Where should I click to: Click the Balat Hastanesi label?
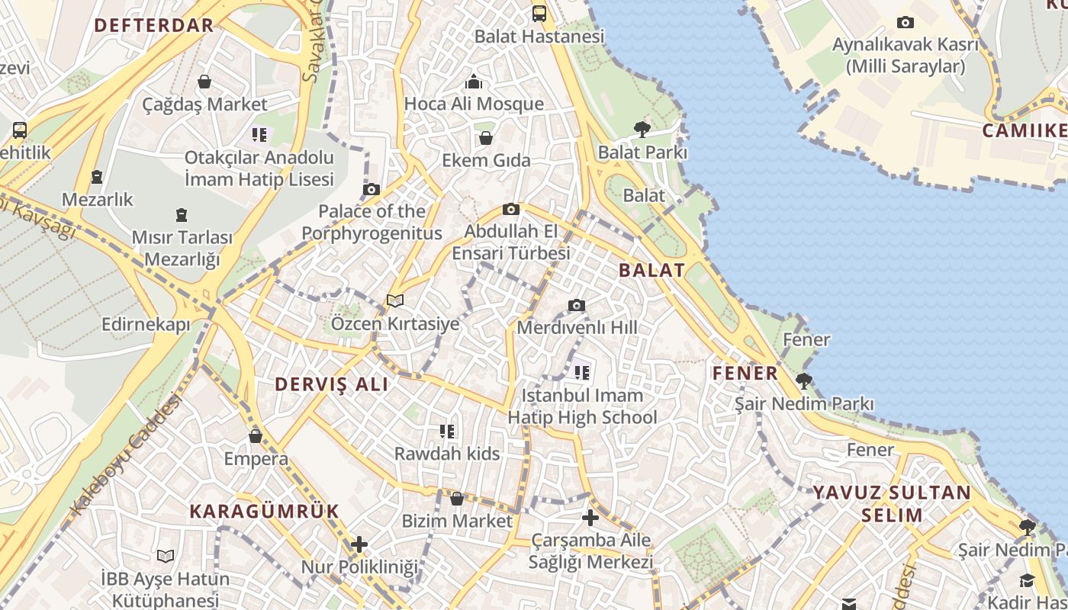coord(539,36)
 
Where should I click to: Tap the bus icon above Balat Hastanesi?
coord(539,13)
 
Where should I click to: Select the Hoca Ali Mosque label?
coord(474,104)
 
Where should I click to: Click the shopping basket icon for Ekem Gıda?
coord(485,138)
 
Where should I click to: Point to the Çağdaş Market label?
coord(205,104)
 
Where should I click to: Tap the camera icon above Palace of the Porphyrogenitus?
coord(372,189)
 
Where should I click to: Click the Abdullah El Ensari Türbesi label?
coord(511,242)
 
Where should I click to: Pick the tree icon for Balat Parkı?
coord(642,130)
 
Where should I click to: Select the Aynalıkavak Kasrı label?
coord(905,55)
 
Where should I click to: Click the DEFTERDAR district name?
coord(153,25)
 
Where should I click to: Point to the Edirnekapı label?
coord(146,325)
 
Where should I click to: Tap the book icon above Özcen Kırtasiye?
coord(395,301)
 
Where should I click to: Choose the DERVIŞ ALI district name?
coord(331,384)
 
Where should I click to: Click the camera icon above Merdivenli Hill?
coord(577,306)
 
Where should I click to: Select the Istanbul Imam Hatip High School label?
coord(582,406)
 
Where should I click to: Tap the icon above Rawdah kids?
coord(447,432)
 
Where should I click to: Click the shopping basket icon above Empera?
coord(256,436)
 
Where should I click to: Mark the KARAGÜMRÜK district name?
coord(264,512)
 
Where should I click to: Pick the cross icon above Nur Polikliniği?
coord(359,544)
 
